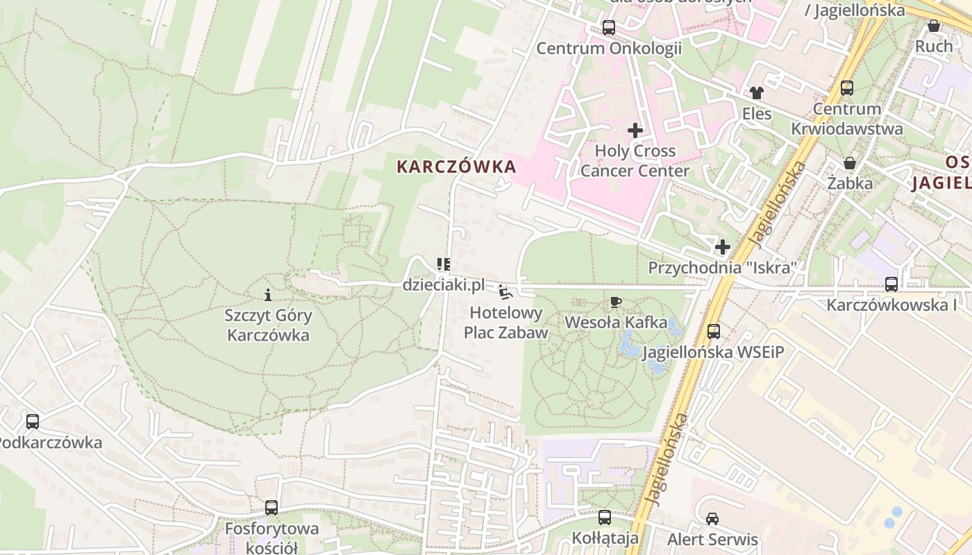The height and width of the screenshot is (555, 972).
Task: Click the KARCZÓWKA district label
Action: pyautogui.click(x=456, y=166)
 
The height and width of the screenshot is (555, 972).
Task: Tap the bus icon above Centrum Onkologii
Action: pyautogui.click(x=609, y=28)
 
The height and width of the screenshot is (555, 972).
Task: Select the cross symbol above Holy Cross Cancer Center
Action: pyautogui.click(x=635, y=130)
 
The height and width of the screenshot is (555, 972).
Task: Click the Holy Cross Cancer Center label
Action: pyautogui.click(x=635, y=161)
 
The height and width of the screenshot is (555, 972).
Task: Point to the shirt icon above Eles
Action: pyautogui.click(x=756, y=92)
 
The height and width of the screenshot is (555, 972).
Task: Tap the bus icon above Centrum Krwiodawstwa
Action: pyautogui.click(x=847, y=88)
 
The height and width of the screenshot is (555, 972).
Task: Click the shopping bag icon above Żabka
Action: pyautogui.click(x=849, y=163)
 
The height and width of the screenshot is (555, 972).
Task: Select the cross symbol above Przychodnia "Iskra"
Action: pyautogui.click(x=723, y=246)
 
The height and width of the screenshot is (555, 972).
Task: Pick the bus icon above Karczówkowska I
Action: pyautogui.click(x=891, y=284)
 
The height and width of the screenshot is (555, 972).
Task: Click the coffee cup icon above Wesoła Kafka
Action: pyautogui.click(x=615, y=302)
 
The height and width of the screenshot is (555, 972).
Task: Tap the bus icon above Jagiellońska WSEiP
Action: pyautogui.click(x=714, y=332)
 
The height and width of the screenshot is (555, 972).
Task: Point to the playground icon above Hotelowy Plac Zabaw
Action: pyautogui.click(x=505, y=292)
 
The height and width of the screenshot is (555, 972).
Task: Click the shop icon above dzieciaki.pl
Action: pyautogui.click(x=444, y=264)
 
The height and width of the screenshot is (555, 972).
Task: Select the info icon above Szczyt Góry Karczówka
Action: pyautogui.click(x=268, y=295)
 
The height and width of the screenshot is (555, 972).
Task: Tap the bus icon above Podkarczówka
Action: pyautogui.click(x=33, y=421)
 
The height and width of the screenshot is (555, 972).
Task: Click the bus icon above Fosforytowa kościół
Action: pyautogui.click(x=271, y=508)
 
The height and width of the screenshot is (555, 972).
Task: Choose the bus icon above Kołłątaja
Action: pyautogui.click(x=605, y=518)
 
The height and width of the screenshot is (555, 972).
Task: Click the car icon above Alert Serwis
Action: pyautogui.click(x=712, y=518)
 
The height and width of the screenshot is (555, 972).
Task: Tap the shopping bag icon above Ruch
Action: pyautogui.click(x=934, y=26)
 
